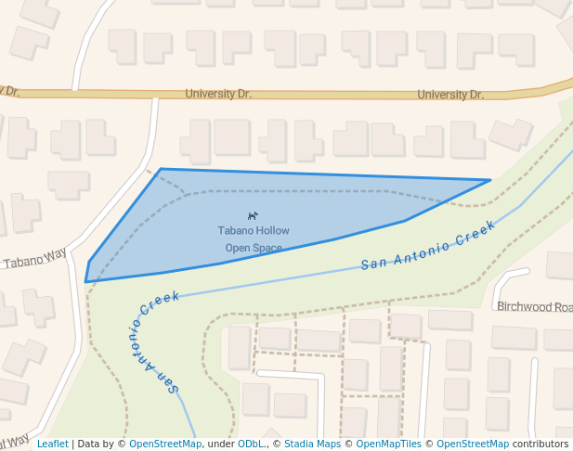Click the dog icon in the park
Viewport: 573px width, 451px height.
coord(254,216)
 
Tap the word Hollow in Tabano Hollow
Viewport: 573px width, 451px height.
coord(272,230)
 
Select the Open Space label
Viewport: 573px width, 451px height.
coord(254,248)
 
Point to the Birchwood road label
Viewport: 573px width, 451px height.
coord(534,306)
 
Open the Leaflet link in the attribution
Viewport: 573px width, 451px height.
coord(52,444)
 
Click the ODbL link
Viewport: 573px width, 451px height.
coord(252,444)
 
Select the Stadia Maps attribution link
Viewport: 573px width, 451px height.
coord(312,444)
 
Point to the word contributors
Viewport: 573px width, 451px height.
coord(540,444)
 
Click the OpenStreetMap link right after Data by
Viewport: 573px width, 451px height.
coord(165,444)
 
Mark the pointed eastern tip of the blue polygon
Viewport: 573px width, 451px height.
coord(489,180)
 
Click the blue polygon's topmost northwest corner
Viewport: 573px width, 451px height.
coord(161,169)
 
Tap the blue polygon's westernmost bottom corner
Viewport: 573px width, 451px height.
coord(86,281)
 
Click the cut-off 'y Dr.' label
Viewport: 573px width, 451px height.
coord(9,91)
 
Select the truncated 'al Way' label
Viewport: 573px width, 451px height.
coord(14,440)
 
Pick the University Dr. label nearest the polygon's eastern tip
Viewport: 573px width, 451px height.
coord(450,95)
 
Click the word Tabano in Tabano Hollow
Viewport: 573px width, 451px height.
coord(235,230)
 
